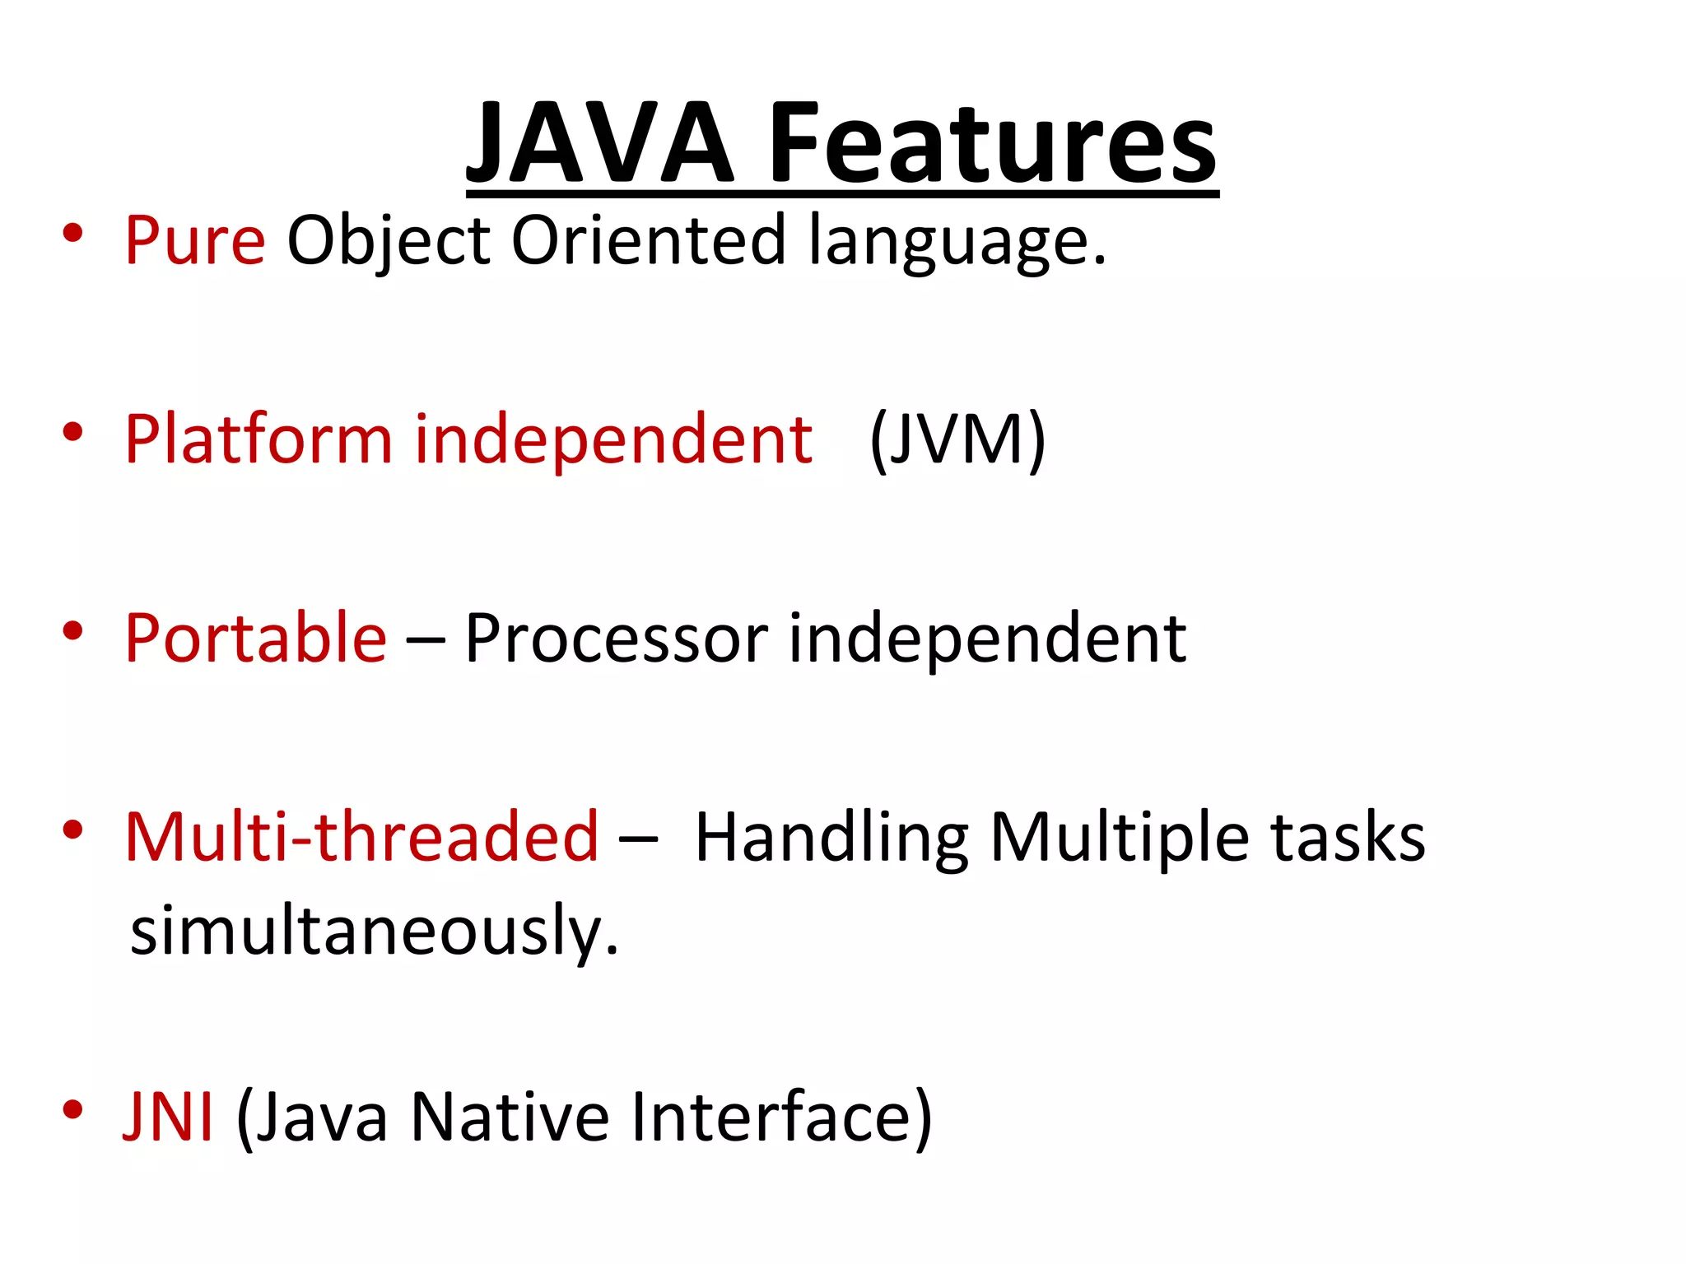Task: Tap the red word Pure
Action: coord(195,240)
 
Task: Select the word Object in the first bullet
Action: coord(389,240)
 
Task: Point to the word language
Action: coord(956,240)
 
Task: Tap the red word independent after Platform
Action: coord(613,439)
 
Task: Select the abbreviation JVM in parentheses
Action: coord(957,439)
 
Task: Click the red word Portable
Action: coord(255,639)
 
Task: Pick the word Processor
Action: coord(616,639)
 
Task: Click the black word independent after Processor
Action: coord(987,639)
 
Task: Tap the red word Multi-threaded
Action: coord(361,837)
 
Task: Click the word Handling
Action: coord(831,837)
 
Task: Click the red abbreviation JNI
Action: coord(169,1117)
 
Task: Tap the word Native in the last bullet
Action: coord(510,1117)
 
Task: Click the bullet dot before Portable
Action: coord(72,631)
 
